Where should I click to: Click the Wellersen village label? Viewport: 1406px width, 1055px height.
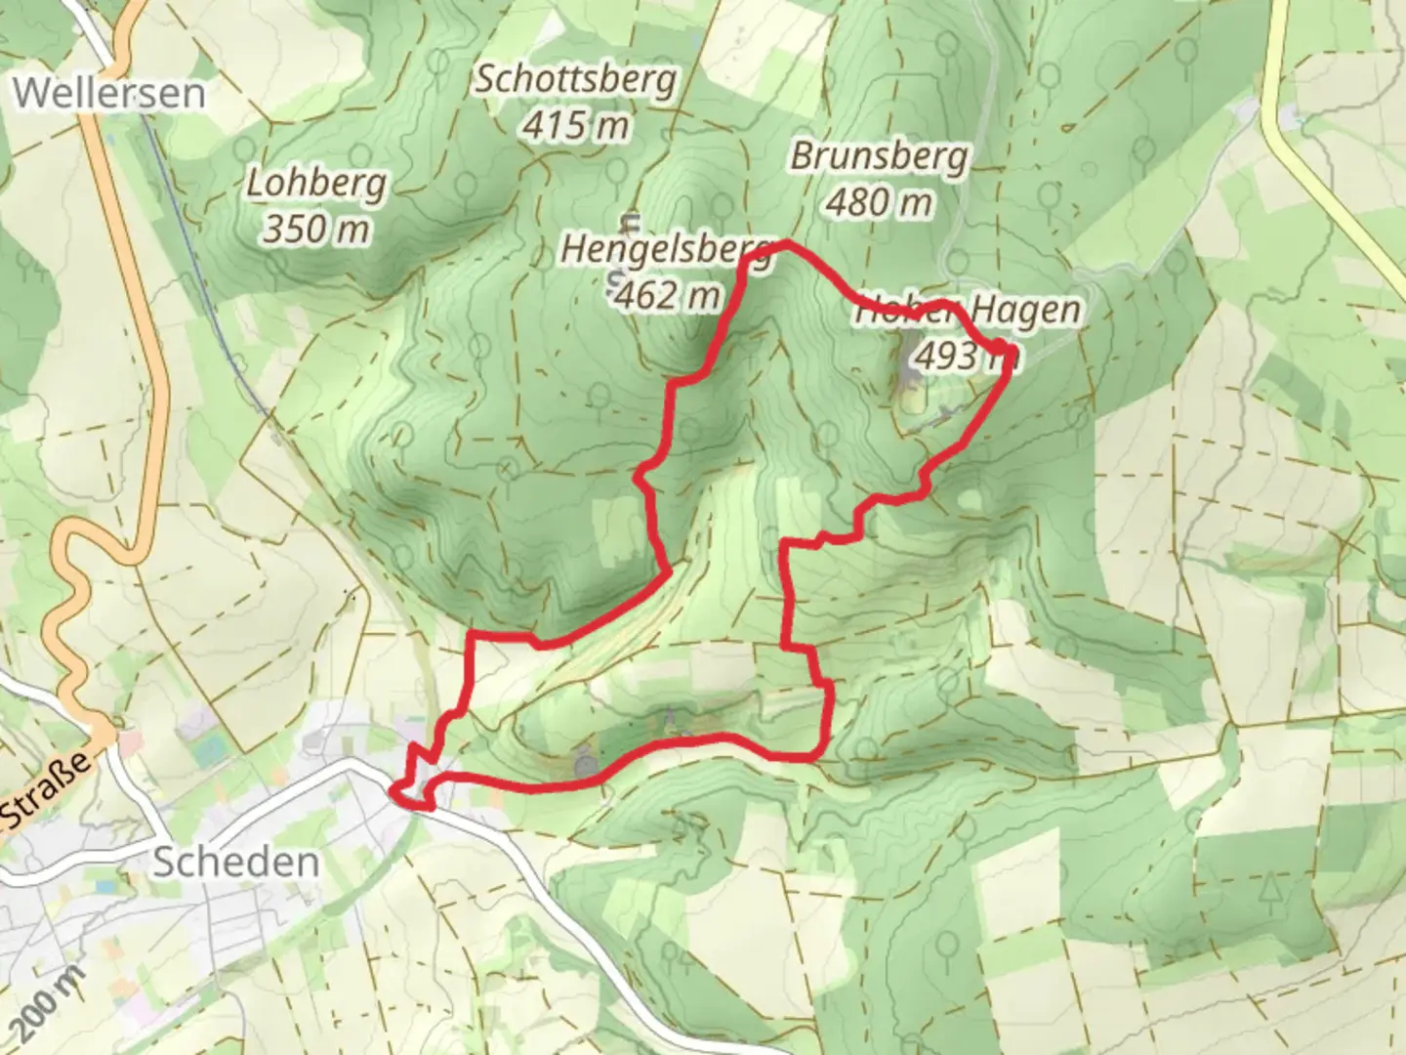click(110, 93)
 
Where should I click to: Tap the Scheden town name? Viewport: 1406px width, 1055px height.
click(236, 863)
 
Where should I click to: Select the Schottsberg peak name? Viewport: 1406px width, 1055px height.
click(575, 79)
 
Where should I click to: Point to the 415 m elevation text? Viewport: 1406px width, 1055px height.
click(575, 125)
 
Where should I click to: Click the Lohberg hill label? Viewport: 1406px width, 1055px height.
click(315, 184)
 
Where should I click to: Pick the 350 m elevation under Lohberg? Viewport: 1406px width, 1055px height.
click(315, 230)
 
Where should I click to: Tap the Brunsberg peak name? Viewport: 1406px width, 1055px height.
click(879, 156)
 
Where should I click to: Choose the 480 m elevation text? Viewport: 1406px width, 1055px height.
click(879, 202)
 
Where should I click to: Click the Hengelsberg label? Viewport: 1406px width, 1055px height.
click(667, 249)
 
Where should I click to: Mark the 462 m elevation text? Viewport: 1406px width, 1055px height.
click(667, 293)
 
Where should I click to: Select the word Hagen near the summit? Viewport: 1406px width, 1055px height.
click(1025, 311)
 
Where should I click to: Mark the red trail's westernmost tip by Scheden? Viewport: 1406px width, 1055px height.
click(393, 791)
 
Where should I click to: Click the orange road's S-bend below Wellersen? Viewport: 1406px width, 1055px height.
click(73, 606)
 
